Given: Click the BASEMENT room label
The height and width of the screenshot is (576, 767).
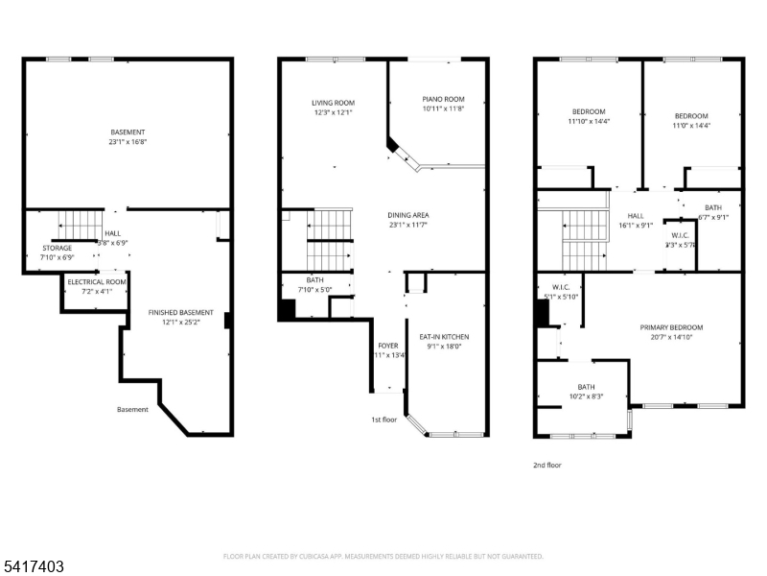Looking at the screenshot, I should click(x=128, y=132).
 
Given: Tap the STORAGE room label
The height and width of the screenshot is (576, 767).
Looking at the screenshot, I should click(x=57, y=248).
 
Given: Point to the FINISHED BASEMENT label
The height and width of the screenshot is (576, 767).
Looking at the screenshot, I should click(x=180, y=313).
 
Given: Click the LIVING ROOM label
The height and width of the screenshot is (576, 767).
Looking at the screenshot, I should click(x=333, y=103).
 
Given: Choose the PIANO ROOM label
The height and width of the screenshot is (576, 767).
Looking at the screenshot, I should click(x=443, y=99).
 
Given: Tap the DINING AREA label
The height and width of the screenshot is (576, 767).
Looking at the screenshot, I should click(x=407, y=215).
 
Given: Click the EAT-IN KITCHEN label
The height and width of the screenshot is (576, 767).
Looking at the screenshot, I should click(x=444, y=337).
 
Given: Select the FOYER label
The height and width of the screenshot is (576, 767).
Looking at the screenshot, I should click(x=387, y=346).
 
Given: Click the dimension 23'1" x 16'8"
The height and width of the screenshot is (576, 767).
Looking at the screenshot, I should click(x=128, y=142).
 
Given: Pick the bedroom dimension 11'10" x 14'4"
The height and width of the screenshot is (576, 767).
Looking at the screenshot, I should click(x=588, y=122).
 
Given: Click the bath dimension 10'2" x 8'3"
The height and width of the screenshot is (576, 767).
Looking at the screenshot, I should click(x=585, y=396).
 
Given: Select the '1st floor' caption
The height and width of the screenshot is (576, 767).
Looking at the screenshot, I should click(x=384, y=420).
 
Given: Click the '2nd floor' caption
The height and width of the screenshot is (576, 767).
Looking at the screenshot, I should click(x=547, y=465).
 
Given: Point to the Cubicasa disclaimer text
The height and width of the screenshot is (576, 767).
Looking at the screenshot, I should click(x=383, y=556).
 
